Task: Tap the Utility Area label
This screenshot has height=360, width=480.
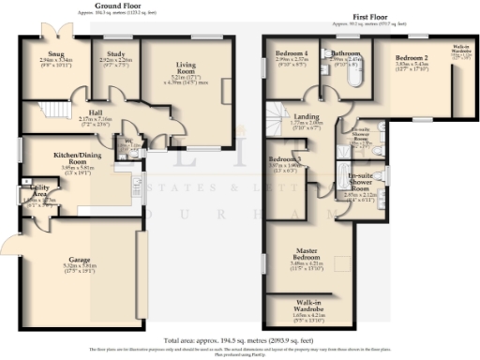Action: pyautogui.click(x=29, y=190)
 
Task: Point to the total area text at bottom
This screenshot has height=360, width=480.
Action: pyautogui.click(x=239, y=339)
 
